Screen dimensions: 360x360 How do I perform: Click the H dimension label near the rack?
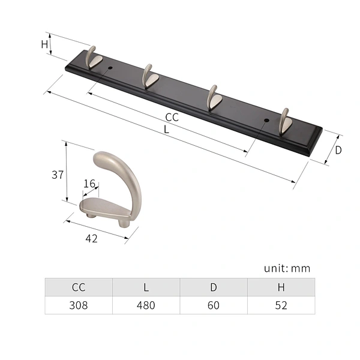click(44, 44)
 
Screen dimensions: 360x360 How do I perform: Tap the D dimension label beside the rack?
click(338, 150)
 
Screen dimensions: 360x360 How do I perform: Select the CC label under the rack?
click(172, 118)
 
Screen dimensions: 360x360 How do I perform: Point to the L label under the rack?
click(166, 130)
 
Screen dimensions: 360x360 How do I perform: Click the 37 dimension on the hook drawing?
click(58, 175)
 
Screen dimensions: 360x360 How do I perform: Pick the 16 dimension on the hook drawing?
click(89, 184)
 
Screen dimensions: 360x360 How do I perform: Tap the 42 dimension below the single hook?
click(91, 239)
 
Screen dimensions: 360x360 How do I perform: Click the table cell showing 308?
click(79, 305)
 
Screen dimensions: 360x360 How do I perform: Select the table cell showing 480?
click(146, 305)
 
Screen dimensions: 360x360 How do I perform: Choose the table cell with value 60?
click(214, 305)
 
